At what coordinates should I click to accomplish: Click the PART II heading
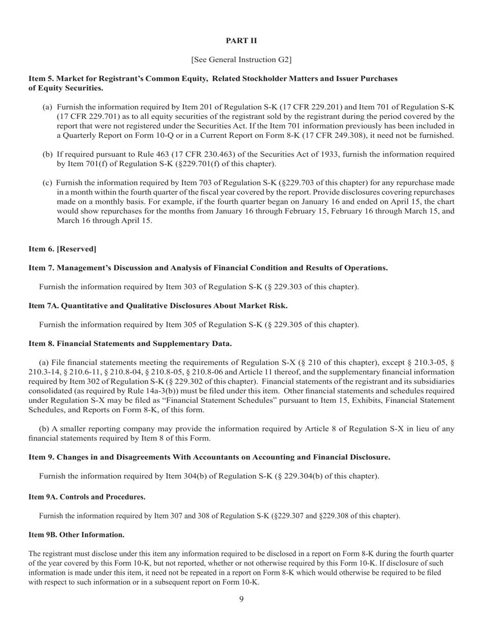242,41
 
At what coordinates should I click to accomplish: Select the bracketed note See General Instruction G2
242,59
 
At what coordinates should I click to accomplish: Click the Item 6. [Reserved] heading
63,248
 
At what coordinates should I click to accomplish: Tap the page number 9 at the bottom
242,599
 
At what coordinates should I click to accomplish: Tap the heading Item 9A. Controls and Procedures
87,497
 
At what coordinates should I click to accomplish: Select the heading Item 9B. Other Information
76,535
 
